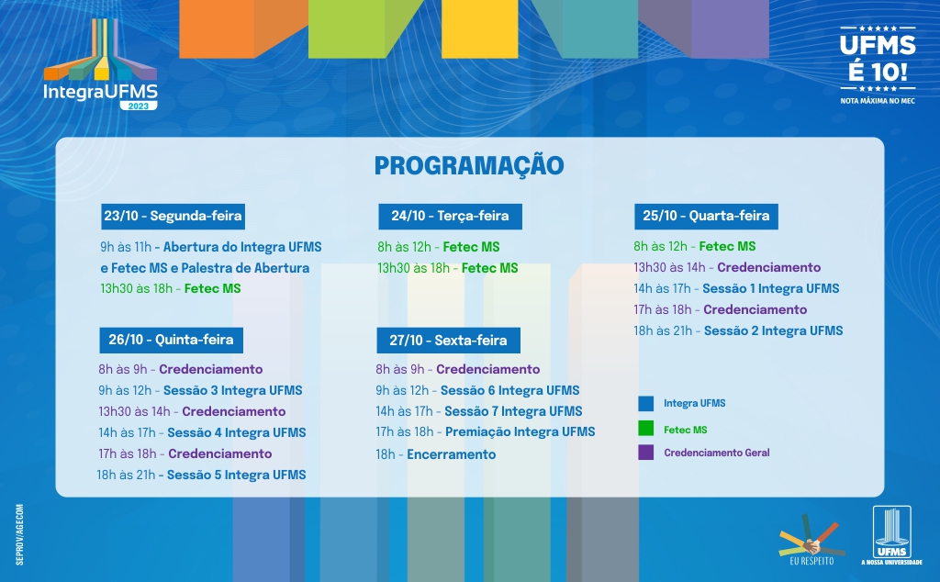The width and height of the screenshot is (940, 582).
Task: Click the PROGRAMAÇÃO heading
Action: (469, 166)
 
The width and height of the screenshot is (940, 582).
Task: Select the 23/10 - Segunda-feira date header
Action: (173, 217)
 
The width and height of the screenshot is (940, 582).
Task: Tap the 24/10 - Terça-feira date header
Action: (450, 217)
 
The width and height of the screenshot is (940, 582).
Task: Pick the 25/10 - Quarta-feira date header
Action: (706, 217)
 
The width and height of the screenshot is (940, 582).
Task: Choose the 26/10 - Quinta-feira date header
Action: (172, 340)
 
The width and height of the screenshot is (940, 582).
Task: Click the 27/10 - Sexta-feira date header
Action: (448, 341)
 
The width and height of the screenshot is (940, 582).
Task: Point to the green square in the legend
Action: (645, 428)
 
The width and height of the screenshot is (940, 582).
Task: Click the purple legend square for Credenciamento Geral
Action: (645, 452)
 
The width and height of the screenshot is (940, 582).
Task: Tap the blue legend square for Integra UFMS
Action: (645, 403)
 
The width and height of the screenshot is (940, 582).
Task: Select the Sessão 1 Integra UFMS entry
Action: (771, 289)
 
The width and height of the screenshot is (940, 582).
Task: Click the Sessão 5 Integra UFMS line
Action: (201, 475)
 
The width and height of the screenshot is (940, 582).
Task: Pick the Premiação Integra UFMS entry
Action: (520, 432)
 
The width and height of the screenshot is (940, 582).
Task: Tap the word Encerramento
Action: (452, 454)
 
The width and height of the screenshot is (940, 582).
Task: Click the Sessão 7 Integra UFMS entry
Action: (514, 411)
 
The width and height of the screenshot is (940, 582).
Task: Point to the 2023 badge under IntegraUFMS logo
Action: (139, 106)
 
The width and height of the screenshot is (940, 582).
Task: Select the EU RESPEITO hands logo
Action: (811, 539)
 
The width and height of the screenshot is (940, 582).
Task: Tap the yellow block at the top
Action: (479, 28)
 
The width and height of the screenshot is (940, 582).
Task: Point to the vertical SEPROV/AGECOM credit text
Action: (20, 534)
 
